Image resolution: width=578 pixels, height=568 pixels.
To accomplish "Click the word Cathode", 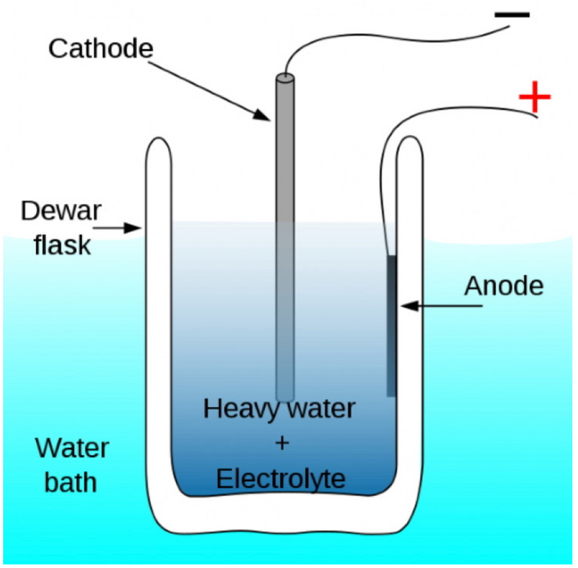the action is tap(101, 49).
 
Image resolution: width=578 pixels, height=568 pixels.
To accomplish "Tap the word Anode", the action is tap(503, 286).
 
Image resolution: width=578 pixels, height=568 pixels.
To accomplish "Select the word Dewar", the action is tap(61, 211).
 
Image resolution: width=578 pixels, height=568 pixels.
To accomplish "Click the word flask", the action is tap(62, 245).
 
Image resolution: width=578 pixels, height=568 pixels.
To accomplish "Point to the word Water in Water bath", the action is tap(72, 448).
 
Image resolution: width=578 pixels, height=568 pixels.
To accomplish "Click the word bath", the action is tap(71, 482).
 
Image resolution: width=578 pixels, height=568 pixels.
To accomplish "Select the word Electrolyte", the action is tap(281, 478).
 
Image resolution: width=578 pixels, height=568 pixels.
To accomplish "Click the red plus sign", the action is tap(534, 97).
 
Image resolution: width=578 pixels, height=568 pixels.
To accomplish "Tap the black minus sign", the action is tap(512, 15).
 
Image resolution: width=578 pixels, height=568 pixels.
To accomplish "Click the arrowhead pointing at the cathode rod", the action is tap(262, 115).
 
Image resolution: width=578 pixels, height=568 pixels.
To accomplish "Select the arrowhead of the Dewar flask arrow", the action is tap(132, 228).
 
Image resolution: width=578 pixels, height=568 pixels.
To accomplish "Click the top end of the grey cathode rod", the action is tap(285, 78).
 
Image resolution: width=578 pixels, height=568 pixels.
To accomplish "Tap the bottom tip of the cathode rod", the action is tap(285, 400).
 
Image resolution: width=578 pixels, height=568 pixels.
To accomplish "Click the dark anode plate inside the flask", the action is tap(391, 326).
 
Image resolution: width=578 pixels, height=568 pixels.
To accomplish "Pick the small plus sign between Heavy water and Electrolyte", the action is tap(282, 443).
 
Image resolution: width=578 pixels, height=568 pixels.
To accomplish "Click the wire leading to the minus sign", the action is tap(387, 38).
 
